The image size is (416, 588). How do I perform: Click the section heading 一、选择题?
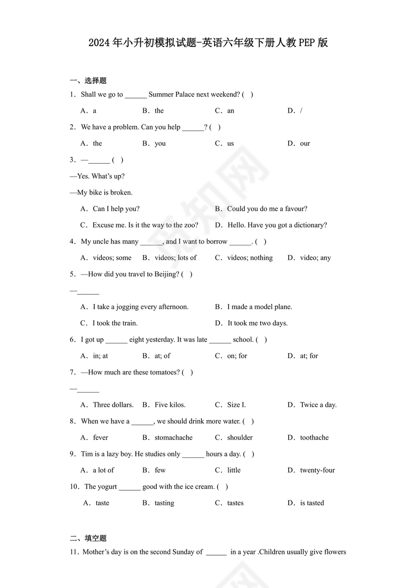(x=88, y=80)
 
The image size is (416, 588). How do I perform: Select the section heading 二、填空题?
(x=88, y=538)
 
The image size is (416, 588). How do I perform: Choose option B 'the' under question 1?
(x=159, y=111)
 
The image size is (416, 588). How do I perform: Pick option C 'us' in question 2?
(x=230, y=143)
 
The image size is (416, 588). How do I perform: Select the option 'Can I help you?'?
(x=116, y=209)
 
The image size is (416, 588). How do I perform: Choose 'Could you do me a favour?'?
(x=267, y=209)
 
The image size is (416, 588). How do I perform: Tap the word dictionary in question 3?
(x=310, y=225)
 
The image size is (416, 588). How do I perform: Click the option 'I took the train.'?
(x=115, y=323)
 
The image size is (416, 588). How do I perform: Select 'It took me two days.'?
(x=257, y=323)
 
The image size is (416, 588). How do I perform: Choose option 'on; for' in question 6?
(x=237, y=356)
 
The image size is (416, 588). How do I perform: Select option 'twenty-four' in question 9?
(x=317, y=470)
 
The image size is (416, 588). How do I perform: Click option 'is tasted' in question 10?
(x=312, y=503)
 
